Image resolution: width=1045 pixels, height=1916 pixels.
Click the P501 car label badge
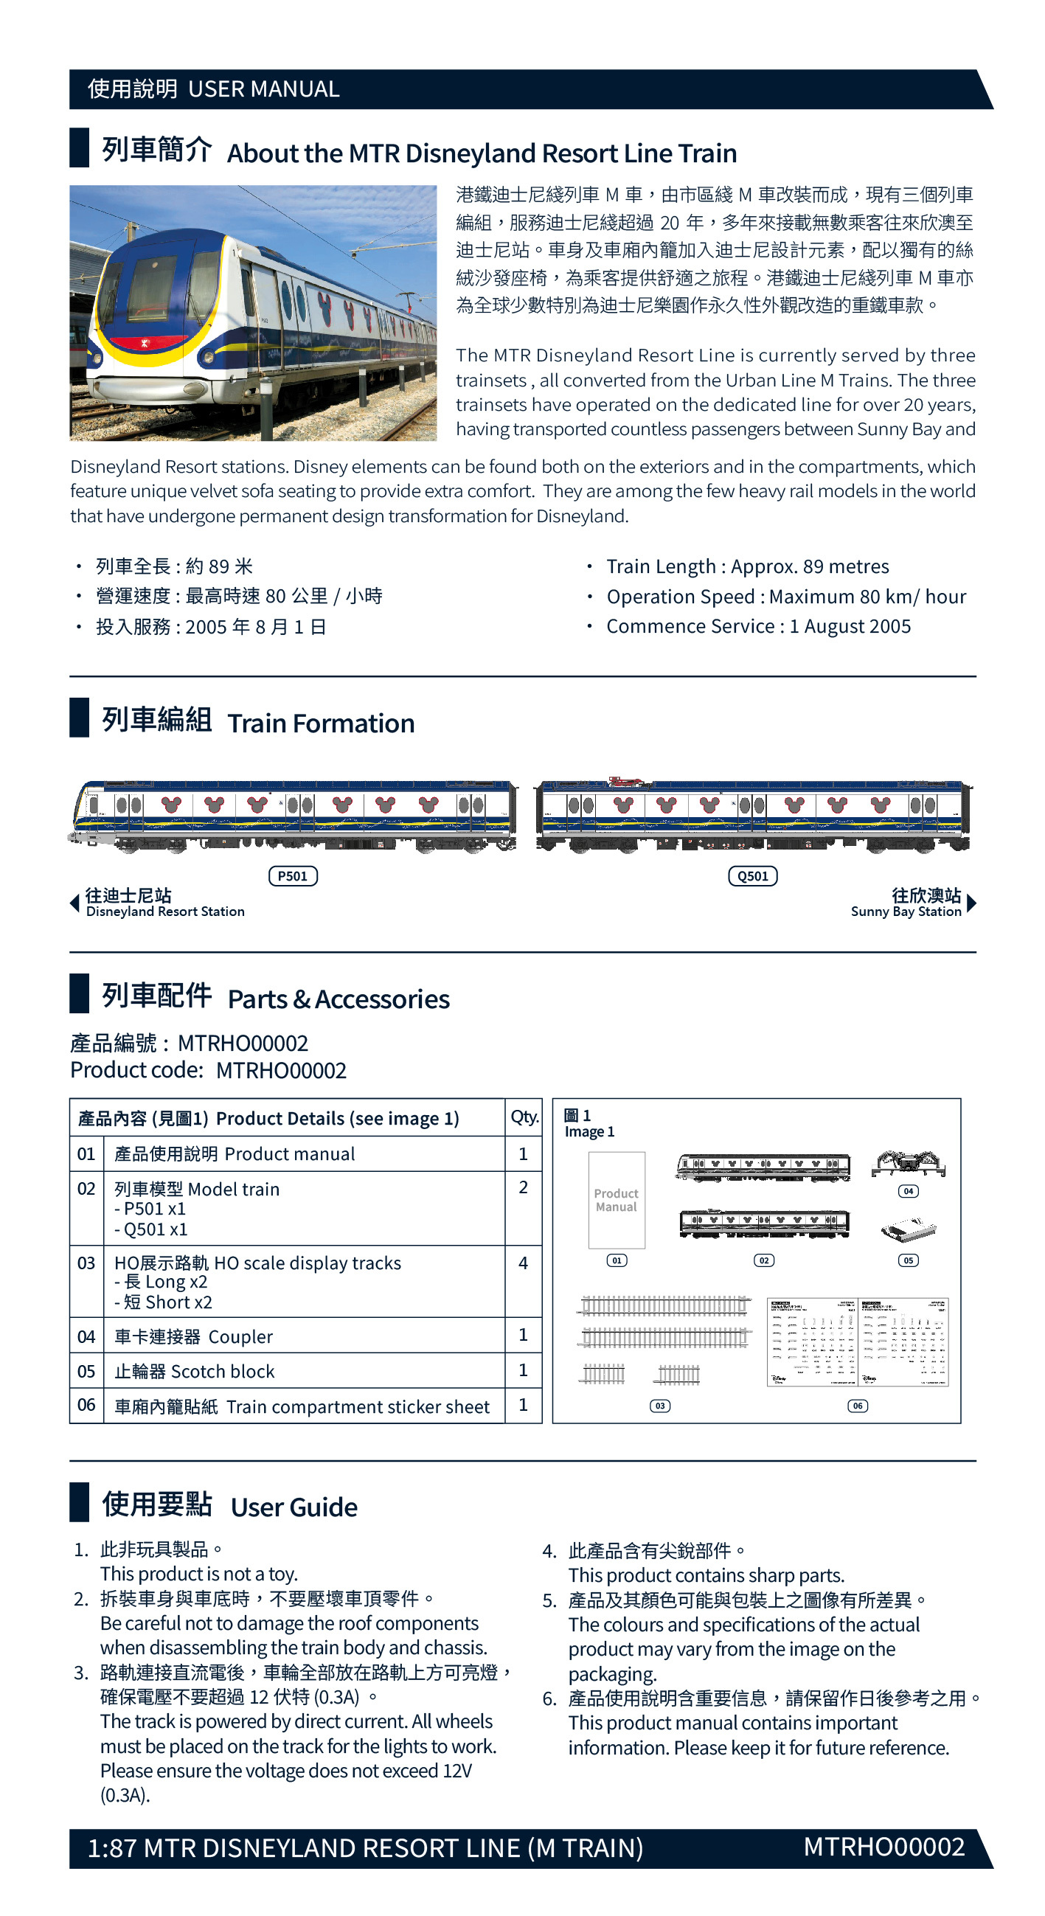[292, 875]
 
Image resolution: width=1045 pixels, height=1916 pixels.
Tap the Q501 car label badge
[752, 875]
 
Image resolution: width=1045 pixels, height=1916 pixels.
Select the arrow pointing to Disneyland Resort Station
[74, 903]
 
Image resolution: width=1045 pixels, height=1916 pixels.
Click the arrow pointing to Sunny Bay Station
[971, 903]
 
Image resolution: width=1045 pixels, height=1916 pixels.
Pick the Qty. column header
[524, 1117]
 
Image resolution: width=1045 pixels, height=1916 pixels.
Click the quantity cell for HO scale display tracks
[523, 1262]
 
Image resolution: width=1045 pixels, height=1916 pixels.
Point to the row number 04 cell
[86, 1336]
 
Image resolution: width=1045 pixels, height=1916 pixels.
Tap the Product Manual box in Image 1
[616, 1200]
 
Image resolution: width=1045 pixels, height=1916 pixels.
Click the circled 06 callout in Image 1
[857, 1406]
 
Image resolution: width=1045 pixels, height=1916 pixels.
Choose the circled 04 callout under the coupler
[907, 1191]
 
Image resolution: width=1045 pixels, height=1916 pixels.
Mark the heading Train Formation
[321, 723]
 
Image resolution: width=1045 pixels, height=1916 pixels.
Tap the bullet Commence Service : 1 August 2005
[758, 626]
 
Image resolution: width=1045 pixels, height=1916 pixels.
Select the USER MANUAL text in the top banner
[263, 89]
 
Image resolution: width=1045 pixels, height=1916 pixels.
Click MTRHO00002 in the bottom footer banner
[883, 1847]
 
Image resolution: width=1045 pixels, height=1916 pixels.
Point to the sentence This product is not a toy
[198, 1573]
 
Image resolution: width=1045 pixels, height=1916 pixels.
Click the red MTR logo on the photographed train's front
[145, 344]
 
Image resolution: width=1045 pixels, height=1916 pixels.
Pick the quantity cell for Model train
[523, 1187]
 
